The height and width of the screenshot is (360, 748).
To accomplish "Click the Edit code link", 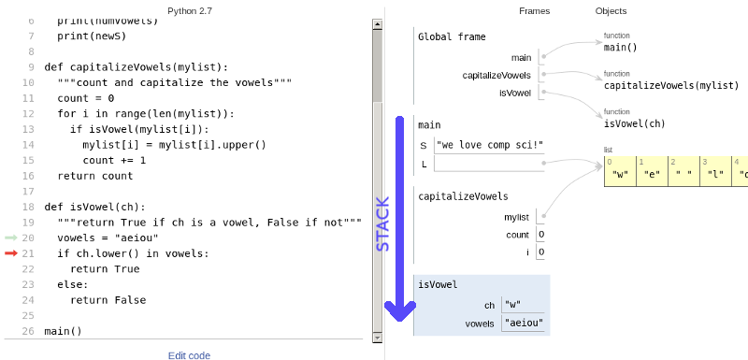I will click(x=189, y=355).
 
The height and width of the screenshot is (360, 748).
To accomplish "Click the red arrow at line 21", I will click(x=11, y=253).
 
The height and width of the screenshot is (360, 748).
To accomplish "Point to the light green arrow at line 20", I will click(x=11, y=238).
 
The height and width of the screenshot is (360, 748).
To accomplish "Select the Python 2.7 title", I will click(x=191, y=11).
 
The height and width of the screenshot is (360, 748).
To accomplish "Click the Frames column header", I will click(x=534, y=11).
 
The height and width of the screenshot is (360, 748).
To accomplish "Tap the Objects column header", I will click(x=611, y=11).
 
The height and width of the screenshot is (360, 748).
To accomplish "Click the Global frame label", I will click(x=452, y=37).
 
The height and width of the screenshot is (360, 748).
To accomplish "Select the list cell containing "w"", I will click(x=620, y=173).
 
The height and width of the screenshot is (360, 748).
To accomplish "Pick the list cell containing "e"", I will click(x=652, y=173).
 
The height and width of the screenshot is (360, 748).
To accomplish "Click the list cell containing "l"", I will click(x=715, y=173).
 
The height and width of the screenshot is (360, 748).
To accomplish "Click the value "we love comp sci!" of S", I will click(x=489, y=145).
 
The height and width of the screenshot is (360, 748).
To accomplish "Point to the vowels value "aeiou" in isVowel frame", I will click(x=523, y=324).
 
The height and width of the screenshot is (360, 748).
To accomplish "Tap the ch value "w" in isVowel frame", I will click(x=511, y=305).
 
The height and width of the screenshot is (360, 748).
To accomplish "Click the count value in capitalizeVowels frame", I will click(x=541, y=235).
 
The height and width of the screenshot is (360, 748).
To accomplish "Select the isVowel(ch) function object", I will click(x=634, y=122).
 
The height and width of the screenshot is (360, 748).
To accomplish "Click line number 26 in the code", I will click(x=27, y=331).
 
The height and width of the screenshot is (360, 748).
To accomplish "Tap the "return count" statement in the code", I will click(x=95, y=176).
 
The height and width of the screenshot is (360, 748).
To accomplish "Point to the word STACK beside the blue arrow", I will click(x=382, y=225).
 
